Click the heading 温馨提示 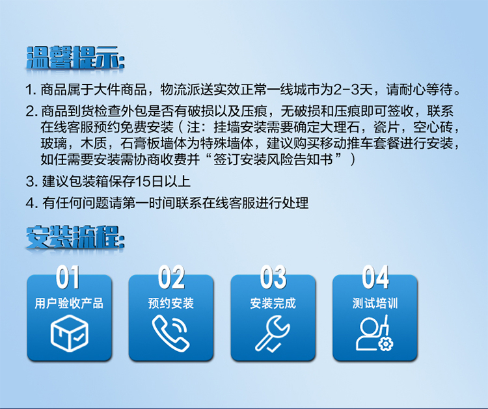[x=75, y=57]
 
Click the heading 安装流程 [x=75, y=237]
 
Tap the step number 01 [x=68, y=277]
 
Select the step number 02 [x=171, y=277]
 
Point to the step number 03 [x=273, y=277]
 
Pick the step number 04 [x=375, y=277]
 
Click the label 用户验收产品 [x=69, y=304]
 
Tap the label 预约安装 [x=171, y=304]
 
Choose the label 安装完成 [x=273, y=304]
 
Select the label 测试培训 [x=375, y=304]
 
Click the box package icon [x=70, y=333]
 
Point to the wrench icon [x=273, y=334]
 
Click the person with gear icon [x=374, y=333]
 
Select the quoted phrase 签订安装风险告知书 [x=273, y=160]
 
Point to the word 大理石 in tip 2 [x=340, y=127]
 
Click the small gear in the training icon [x=385, y=344]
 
